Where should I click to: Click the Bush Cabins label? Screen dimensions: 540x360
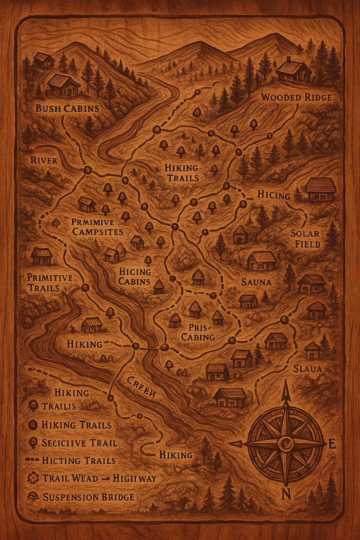67,108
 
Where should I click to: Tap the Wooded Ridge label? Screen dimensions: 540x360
296,97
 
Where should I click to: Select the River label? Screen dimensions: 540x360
44,161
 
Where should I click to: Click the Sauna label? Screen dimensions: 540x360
256,282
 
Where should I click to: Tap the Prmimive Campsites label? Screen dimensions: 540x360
97,227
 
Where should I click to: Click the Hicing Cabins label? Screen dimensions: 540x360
135,277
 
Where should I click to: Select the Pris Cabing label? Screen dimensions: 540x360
198,332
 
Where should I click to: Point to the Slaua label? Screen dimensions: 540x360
308,368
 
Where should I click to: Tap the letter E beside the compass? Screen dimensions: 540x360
332,444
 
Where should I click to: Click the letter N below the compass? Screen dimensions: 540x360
286,495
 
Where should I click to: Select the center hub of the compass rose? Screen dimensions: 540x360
285,444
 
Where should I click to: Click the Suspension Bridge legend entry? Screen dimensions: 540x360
88,497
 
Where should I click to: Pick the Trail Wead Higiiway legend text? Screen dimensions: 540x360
99,478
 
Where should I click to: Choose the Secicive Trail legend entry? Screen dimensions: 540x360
79,443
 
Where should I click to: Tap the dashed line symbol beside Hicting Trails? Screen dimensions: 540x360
33,460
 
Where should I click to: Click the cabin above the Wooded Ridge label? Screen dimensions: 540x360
294,71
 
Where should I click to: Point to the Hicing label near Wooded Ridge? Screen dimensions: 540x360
274,195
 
